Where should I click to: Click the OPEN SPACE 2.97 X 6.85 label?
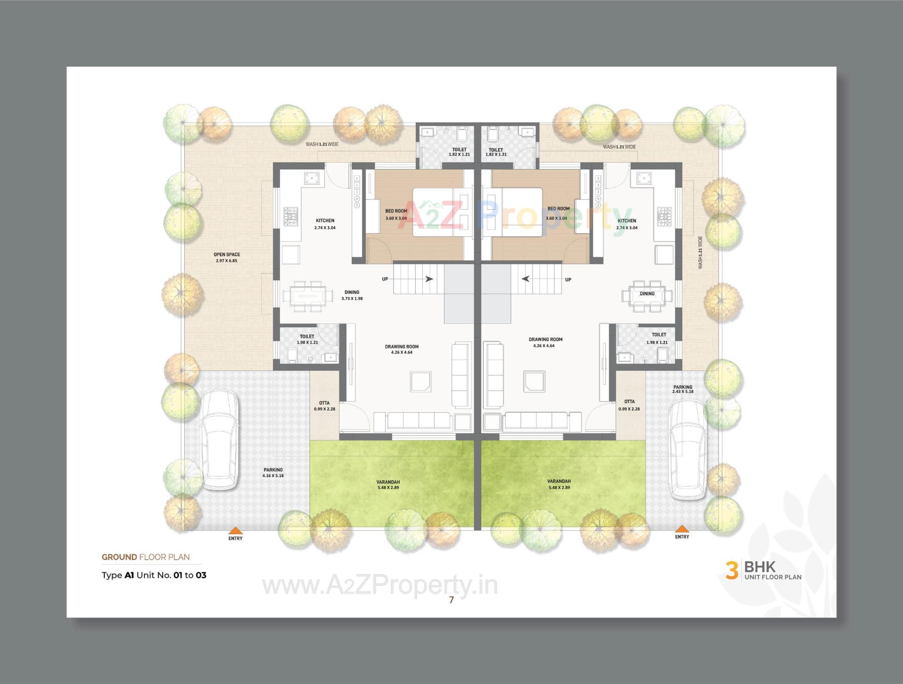tap(227, 257)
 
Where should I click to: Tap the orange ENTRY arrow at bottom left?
tap(235, 531)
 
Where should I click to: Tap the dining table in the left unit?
tap(304, 296)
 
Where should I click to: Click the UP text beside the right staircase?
tap(568, 280)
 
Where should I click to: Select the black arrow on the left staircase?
tap(429, 279)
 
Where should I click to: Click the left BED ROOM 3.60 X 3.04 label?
tap(396, 214)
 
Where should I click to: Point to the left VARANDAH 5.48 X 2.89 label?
tap(388, 485)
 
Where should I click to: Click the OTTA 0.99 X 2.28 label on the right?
tap(629, 405)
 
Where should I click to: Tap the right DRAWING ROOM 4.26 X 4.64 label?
tap(545, 342)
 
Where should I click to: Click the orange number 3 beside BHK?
tap(731, 570)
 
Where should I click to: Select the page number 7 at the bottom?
tap(451, 600)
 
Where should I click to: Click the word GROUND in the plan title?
tap(119, 557)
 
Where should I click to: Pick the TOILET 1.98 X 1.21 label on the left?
tap(307, 339)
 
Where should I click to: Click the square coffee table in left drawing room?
tap(420, 381)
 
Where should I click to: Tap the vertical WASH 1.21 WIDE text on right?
tap(700, 252)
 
